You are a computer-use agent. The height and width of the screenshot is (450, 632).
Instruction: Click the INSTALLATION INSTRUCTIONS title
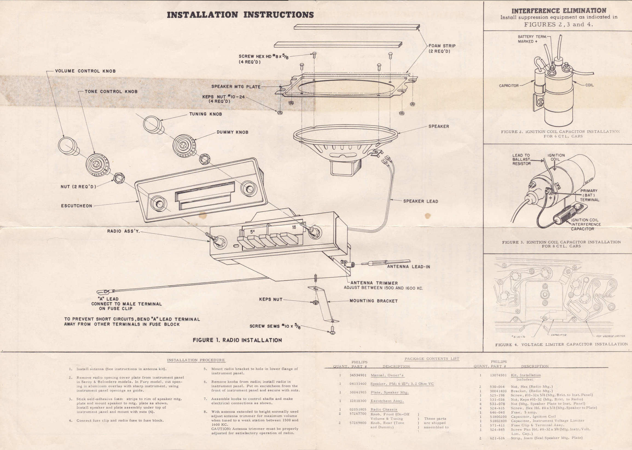pos(240,15)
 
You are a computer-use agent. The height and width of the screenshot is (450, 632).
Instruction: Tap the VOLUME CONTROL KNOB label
pos(85,71)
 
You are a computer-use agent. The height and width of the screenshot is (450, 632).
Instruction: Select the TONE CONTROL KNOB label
pos(111,92)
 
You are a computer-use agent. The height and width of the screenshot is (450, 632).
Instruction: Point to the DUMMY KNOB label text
pos(232,132)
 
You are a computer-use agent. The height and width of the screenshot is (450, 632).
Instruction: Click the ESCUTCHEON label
pos(77,206)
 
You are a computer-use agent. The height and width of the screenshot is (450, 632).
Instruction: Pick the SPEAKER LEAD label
pos(421,201)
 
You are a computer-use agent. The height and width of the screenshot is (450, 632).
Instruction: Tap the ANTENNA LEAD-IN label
pos(408,267)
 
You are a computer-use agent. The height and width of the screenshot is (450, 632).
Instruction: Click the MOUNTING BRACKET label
pos(373,301)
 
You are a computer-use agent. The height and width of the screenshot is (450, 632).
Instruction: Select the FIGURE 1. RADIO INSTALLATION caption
pos(237,340)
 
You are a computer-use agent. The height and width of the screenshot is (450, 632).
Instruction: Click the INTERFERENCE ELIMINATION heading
pos(559,11)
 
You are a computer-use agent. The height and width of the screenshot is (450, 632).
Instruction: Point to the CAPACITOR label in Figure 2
pos(509,86)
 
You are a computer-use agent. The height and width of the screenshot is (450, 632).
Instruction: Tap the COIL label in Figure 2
pos(589,85)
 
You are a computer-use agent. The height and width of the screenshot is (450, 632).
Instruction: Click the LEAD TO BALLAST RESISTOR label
pos(521,159)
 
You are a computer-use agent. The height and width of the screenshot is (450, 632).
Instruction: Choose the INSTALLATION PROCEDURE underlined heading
pos(196,360)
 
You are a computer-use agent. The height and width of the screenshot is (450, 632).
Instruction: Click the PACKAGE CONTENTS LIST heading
pos(432,358)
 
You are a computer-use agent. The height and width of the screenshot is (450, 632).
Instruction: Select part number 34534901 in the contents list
pos(358,375)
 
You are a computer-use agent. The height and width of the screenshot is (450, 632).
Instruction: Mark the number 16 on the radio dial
pos(294,227)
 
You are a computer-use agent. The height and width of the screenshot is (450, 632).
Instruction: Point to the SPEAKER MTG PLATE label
pos(236,86)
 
